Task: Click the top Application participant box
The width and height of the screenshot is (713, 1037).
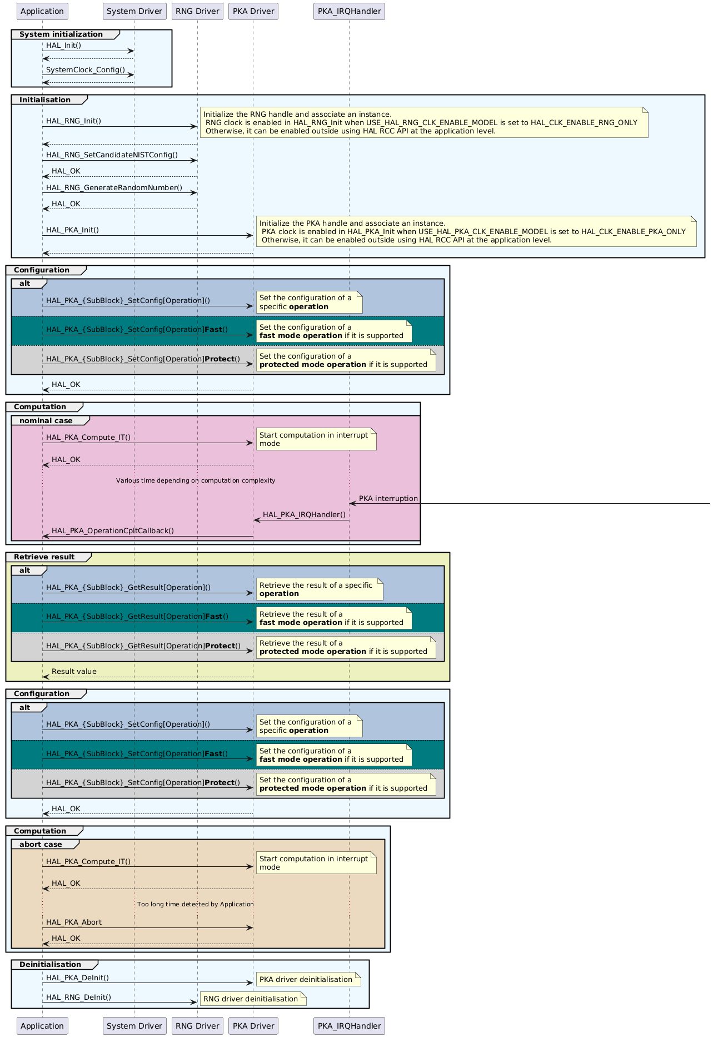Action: click(42, 11)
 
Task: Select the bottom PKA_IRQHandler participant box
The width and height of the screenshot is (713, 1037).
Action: click(349, 1026)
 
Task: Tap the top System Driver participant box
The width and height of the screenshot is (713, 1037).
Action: click(134, 11)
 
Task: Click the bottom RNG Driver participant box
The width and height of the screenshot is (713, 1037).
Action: click(197, 1026)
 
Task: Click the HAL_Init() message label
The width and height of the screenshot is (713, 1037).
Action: click(63, 46)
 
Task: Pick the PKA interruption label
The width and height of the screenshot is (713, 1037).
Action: click(388, 499)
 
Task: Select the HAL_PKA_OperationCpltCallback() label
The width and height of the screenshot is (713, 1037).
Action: click(112, 531)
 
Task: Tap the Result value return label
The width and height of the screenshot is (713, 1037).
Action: click(74, 672)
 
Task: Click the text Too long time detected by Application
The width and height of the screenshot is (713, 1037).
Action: click(195, 905)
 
